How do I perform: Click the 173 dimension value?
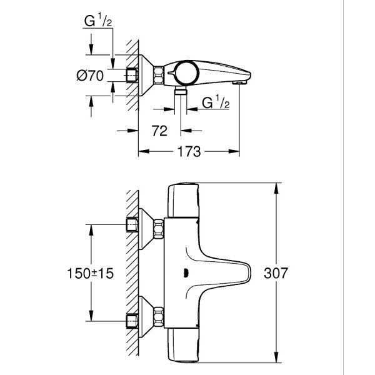pos(188,152)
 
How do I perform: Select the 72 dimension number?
pos(159,131)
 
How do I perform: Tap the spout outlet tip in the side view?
pos(239,81)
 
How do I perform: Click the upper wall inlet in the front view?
pos(132,224)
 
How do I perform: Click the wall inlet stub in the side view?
pos(132,76)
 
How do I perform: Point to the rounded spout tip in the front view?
pos(246,274)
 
